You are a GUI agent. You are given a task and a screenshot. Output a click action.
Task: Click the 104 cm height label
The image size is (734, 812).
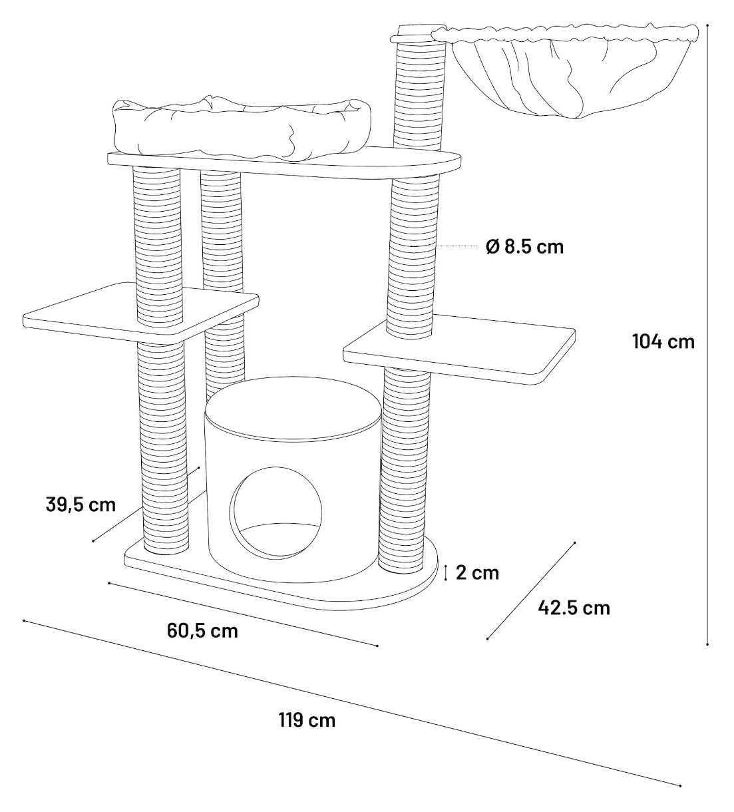pos(663,342)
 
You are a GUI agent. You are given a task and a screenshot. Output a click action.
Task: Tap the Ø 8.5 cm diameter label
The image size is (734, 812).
pos(524,246)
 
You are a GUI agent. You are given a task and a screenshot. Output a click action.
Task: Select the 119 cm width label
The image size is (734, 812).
pos(307,721)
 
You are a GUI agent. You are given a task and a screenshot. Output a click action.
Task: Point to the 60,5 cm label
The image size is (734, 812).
pos(202,631)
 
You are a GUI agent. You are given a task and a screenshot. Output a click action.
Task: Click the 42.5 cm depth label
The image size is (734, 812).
pos(574,608)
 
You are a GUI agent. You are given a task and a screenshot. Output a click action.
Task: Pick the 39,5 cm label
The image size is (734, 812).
pos(81,505)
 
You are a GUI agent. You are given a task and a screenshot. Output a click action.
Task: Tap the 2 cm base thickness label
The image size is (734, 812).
pos(477,573)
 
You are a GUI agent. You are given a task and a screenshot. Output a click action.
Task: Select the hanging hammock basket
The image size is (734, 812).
pos(564,70)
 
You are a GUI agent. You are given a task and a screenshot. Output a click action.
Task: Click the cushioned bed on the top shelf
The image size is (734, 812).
pos(242,128)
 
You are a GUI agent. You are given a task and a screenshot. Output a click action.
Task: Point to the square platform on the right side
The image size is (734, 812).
pos(460,349)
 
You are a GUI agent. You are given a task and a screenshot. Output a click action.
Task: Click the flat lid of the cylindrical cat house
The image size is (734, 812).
pos(293,409)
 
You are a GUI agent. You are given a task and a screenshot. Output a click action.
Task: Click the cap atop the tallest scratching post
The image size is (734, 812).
pos(417,34)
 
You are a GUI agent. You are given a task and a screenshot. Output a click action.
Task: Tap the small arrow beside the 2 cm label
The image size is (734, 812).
pos(445,573)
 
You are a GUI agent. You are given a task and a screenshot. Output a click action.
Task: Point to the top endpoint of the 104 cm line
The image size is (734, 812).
pos(707,25)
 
